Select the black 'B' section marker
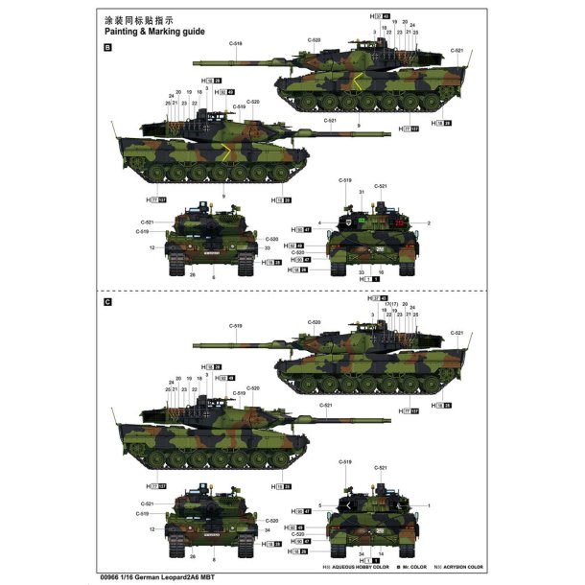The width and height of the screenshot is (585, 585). tap(107, 47)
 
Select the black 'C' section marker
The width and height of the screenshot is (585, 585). tap(107, 302)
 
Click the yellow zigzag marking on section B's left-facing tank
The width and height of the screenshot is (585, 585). tap(226, 150)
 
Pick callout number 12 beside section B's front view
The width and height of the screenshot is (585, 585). tap(152, 247)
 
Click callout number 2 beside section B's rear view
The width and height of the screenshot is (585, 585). tap(429, 222)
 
